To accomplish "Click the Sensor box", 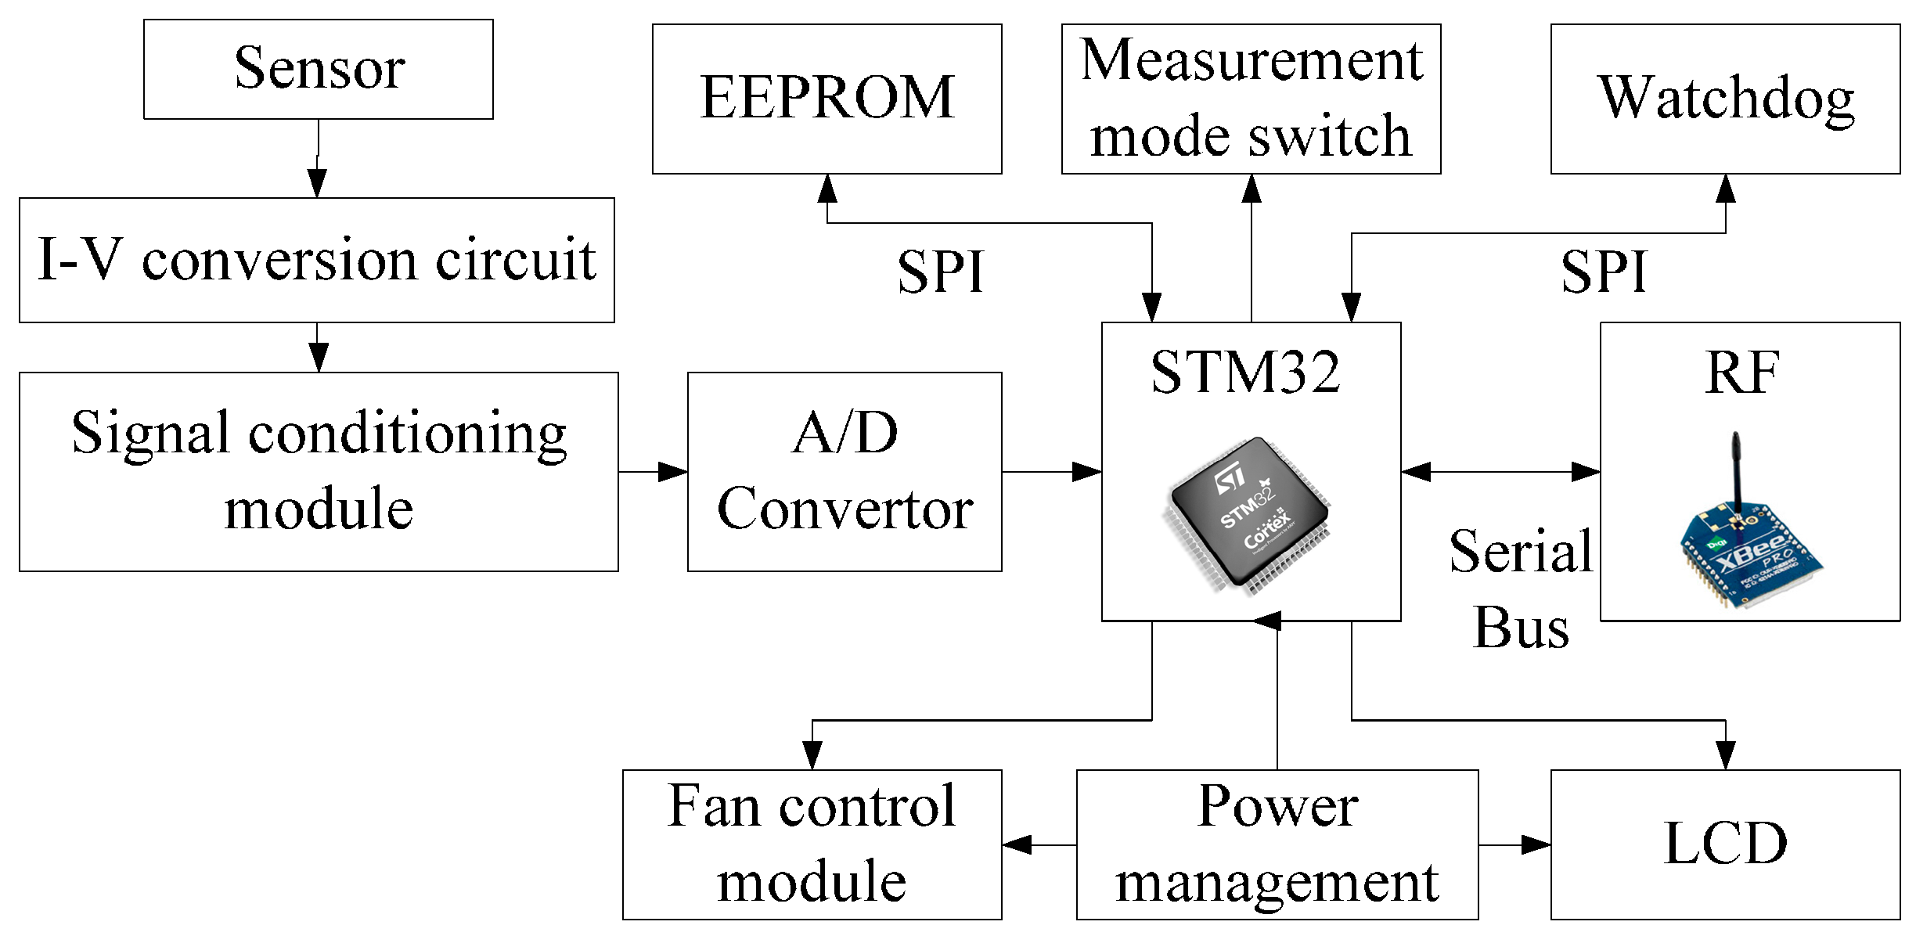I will (x=319, y=69).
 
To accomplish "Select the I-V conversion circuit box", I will (x=317, y=260).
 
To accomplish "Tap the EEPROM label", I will (x=827, y=98).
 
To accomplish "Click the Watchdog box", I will (x=1725, y=99).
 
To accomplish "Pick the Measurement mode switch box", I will (x=1251, y=99).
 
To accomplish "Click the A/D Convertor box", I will (x=845, y=471).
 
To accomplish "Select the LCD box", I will (x=1725, y=844).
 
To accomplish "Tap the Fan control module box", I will (x=812, y=844).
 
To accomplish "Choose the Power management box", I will (x=1277, y=844).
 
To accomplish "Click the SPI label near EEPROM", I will (x=940, y=272).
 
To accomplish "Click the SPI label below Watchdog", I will (x=1604, y=272).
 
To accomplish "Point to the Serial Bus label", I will (x=1520, y=589).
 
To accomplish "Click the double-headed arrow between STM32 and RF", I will (x=1500, y=471).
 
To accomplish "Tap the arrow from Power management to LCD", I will (x=1514, y=844).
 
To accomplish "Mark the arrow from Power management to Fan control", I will (x=1039, y=844).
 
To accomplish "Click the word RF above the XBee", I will (x=1741, y=373).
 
